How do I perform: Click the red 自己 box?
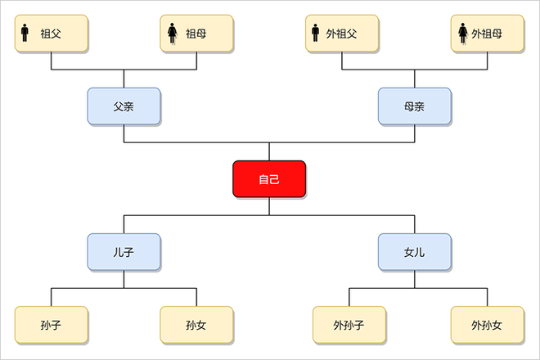pyautogui.click(x=269, y=179)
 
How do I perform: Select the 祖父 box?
pyautogui.click(x=52, y=34)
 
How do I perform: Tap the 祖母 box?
pyautogui.click(x=196, y=34)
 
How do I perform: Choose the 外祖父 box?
pyautogui.click(x=341, y=34)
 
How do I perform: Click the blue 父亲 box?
pyautogui.click(x=124, y=106)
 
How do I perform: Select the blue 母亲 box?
pyautogui.click(x=414, y=106)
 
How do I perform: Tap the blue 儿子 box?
pyautogui.click(x=124, y=252)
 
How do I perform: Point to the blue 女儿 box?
pyautogui.click(x=414, y=252)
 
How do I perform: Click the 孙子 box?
pyautogui.click(x=52, y=325)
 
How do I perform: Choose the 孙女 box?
pyautogui.click(x=196, y=325)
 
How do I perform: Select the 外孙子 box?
pyautogui.click(x=341, y=325)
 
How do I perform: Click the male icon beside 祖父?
pyautogui.click(x=25, y=34)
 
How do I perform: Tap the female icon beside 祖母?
pyautogui.click(x=173, y=34)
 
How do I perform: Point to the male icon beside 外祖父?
pyautogui.click(x=315, y=34)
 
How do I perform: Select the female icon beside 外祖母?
pyautogui.click(x=462, y=34)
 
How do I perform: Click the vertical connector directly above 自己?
pyautogui.click(x=269, y=151)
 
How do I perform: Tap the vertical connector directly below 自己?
pyautogui.click(x=269, y=206)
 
